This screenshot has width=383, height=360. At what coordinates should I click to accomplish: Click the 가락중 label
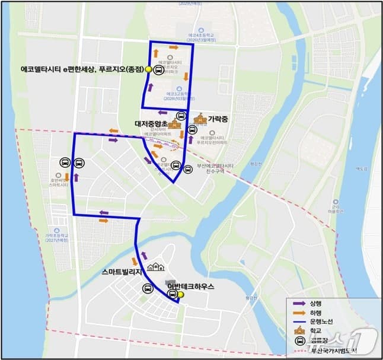(x=218, y=119)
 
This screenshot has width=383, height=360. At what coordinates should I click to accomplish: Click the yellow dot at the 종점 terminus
(x=148, y=69)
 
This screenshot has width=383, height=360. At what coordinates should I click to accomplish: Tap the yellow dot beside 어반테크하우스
(x=181, y=294)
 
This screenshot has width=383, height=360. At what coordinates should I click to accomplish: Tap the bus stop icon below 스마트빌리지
(x=146, y=288)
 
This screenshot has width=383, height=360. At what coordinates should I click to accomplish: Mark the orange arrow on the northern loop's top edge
(x=174, y=46)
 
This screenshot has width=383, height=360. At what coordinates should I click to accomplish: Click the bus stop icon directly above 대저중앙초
(x=181, y=116)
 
